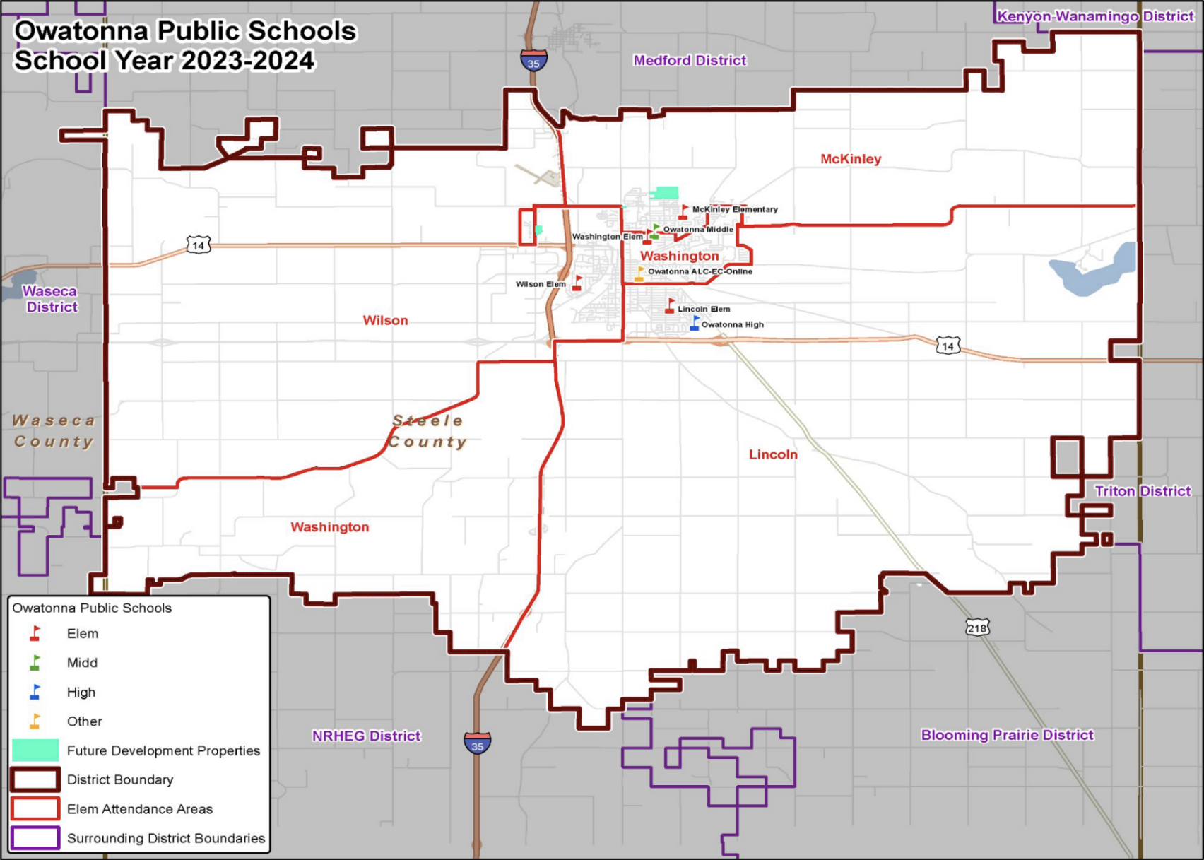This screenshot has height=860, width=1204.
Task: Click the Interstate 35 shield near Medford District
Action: tap(533, 61)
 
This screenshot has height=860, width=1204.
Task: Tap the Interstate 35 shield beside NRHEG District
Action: tap(478, 743)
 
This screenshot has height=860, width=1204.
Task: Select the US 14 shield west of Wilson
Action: tap(199, 245)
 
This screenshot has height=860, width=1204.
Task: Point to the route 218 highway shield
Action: tap(977, 628)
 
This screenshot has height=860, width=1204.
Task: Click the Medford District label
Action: tap(690, 61)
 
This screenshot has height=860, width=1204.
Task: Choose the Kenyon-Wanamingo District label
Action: tap(1094, 16)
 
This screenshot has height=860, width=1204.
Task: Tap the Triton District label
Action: tap(1143, 491)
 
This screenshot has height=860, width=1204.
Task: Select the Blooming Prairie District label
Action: tap(1007, 735)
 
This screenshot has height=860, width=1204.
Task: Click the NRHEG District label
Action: tap(366, 736)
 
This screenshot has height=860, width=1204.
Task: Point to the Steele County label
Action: tap(427, 431)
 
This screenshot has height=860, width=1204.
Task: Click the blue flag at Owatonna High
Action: tap(695, 324)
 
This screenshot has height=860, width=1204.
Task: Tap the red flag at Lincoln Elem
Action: tap(670, 306)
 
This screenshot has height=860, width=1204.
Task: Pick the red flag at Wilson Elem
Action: tap(577, 283)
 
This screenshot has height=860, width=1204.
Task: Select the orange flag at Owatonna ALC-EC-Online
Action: tap(639, 273)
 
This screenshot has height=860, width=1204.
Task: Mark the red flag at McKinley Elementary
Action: tap(683, 211)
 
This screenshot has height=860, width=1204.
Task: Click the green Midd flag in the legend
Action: tap(35, 663)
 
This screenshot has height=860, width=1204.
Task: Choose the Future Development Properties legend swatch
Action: tap(35, 750)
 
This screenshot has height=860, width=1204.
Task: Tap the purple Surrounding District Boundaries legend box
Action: tap(35, 838)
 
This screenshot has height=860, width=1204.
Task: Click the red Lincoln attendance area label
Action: tap(773, 454)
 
